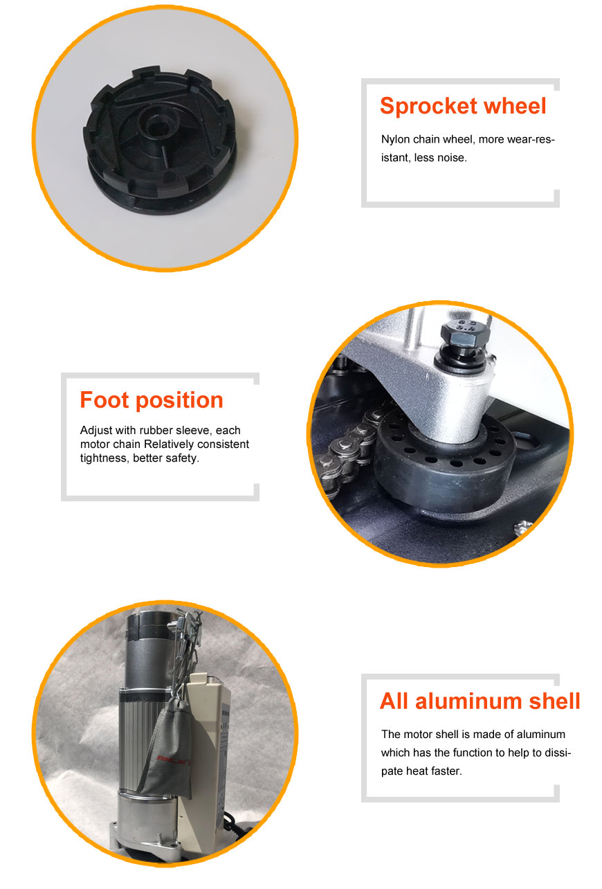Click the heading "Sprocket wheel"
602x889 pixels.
pos(463,106)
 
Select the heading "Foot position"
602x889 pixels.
pos(152,399)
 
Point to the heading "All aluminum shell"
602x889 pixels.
pos(480,701)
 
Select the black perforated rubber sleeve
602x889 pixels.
pos(444,465)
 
